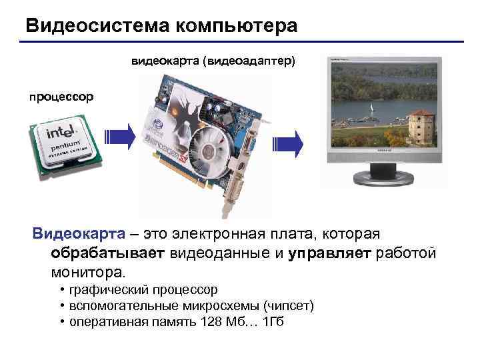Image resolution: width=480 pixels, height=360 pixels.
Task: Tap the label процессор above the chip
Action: [x=61, y=97]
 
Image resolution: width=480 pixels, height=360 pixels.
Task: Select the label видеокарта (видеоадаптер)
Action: [x=213, y=61]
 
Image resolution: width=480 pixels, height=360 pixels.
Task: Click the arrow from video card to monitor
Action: [x=289, y=141]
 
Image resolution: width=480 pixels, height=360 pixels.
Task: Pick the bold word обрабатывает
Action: [x=109, y=253]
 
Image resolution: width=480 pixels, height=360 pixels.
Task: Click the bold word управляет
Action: [x=331, y=253]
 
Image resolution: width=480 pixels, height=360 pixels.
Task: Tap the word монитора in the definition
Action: [x=86, y=273]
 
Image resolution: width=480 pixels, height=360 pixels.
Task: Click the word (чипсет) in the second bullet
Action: [x=289, y=306]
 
